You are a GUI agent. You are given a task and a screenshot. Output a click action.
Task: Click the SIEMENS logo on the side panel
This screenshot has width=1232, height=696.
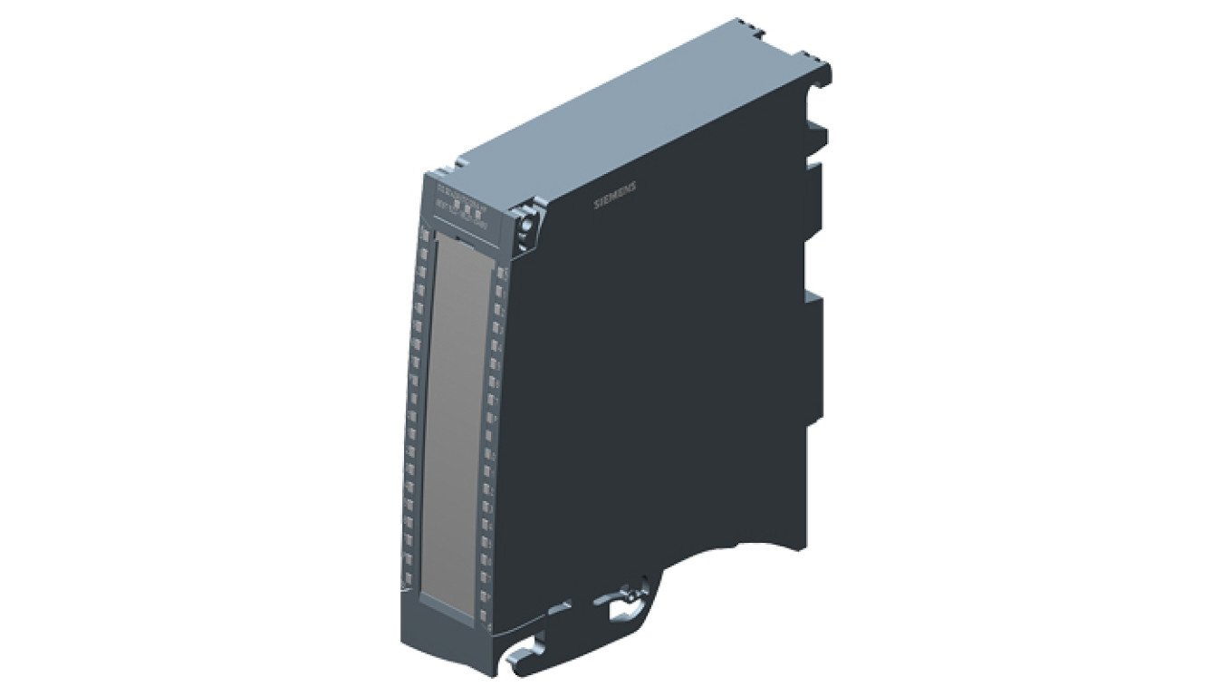(x=614, y=195)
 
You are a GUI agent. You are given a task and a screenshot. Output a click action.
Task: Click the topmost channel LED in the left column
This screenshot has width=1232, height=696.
(x=423, y=235)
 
